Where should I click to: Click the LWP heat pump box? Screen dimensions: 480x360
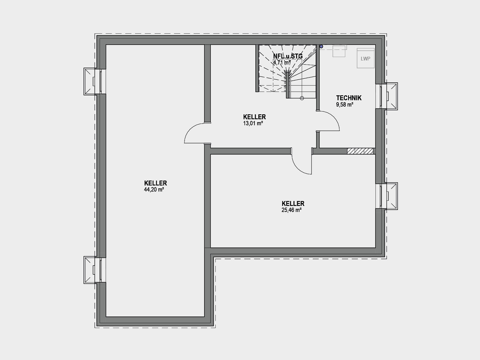point(366,58)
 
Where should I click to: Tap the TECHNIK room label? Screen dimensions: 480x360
point(349,98)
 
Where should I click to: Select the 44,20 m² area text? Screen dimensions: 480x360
point(154,190)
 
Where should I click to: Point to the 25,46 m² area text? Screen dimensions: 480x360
point(291,210)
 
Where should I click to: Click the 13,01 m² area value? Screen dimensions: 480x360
point(253,123)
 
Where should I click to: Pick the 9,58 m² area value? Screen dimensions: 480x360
point(345,105)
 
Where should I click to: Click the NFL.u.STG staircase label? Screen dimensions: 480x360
point(288,56)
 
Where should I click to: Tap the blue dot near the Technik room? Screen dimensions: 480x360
point(321,47)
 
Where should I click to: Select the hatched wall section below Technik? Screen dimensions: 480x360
point(360,151)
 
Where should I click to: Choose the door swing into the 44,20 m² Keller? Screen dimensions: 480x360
point(190,129)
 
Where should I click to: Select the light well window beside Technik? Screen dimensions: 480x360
point(387,96)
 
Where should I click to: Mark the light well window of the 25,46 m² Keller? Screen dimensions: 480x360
point(387,196)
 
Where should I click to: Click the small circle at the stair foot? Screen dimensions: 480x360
point(302,98)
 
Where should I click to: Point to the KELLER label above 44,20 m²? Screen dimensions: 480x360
point(155,183)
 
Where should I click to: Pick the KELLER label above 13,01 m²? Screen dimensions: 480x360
point(255,117)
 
